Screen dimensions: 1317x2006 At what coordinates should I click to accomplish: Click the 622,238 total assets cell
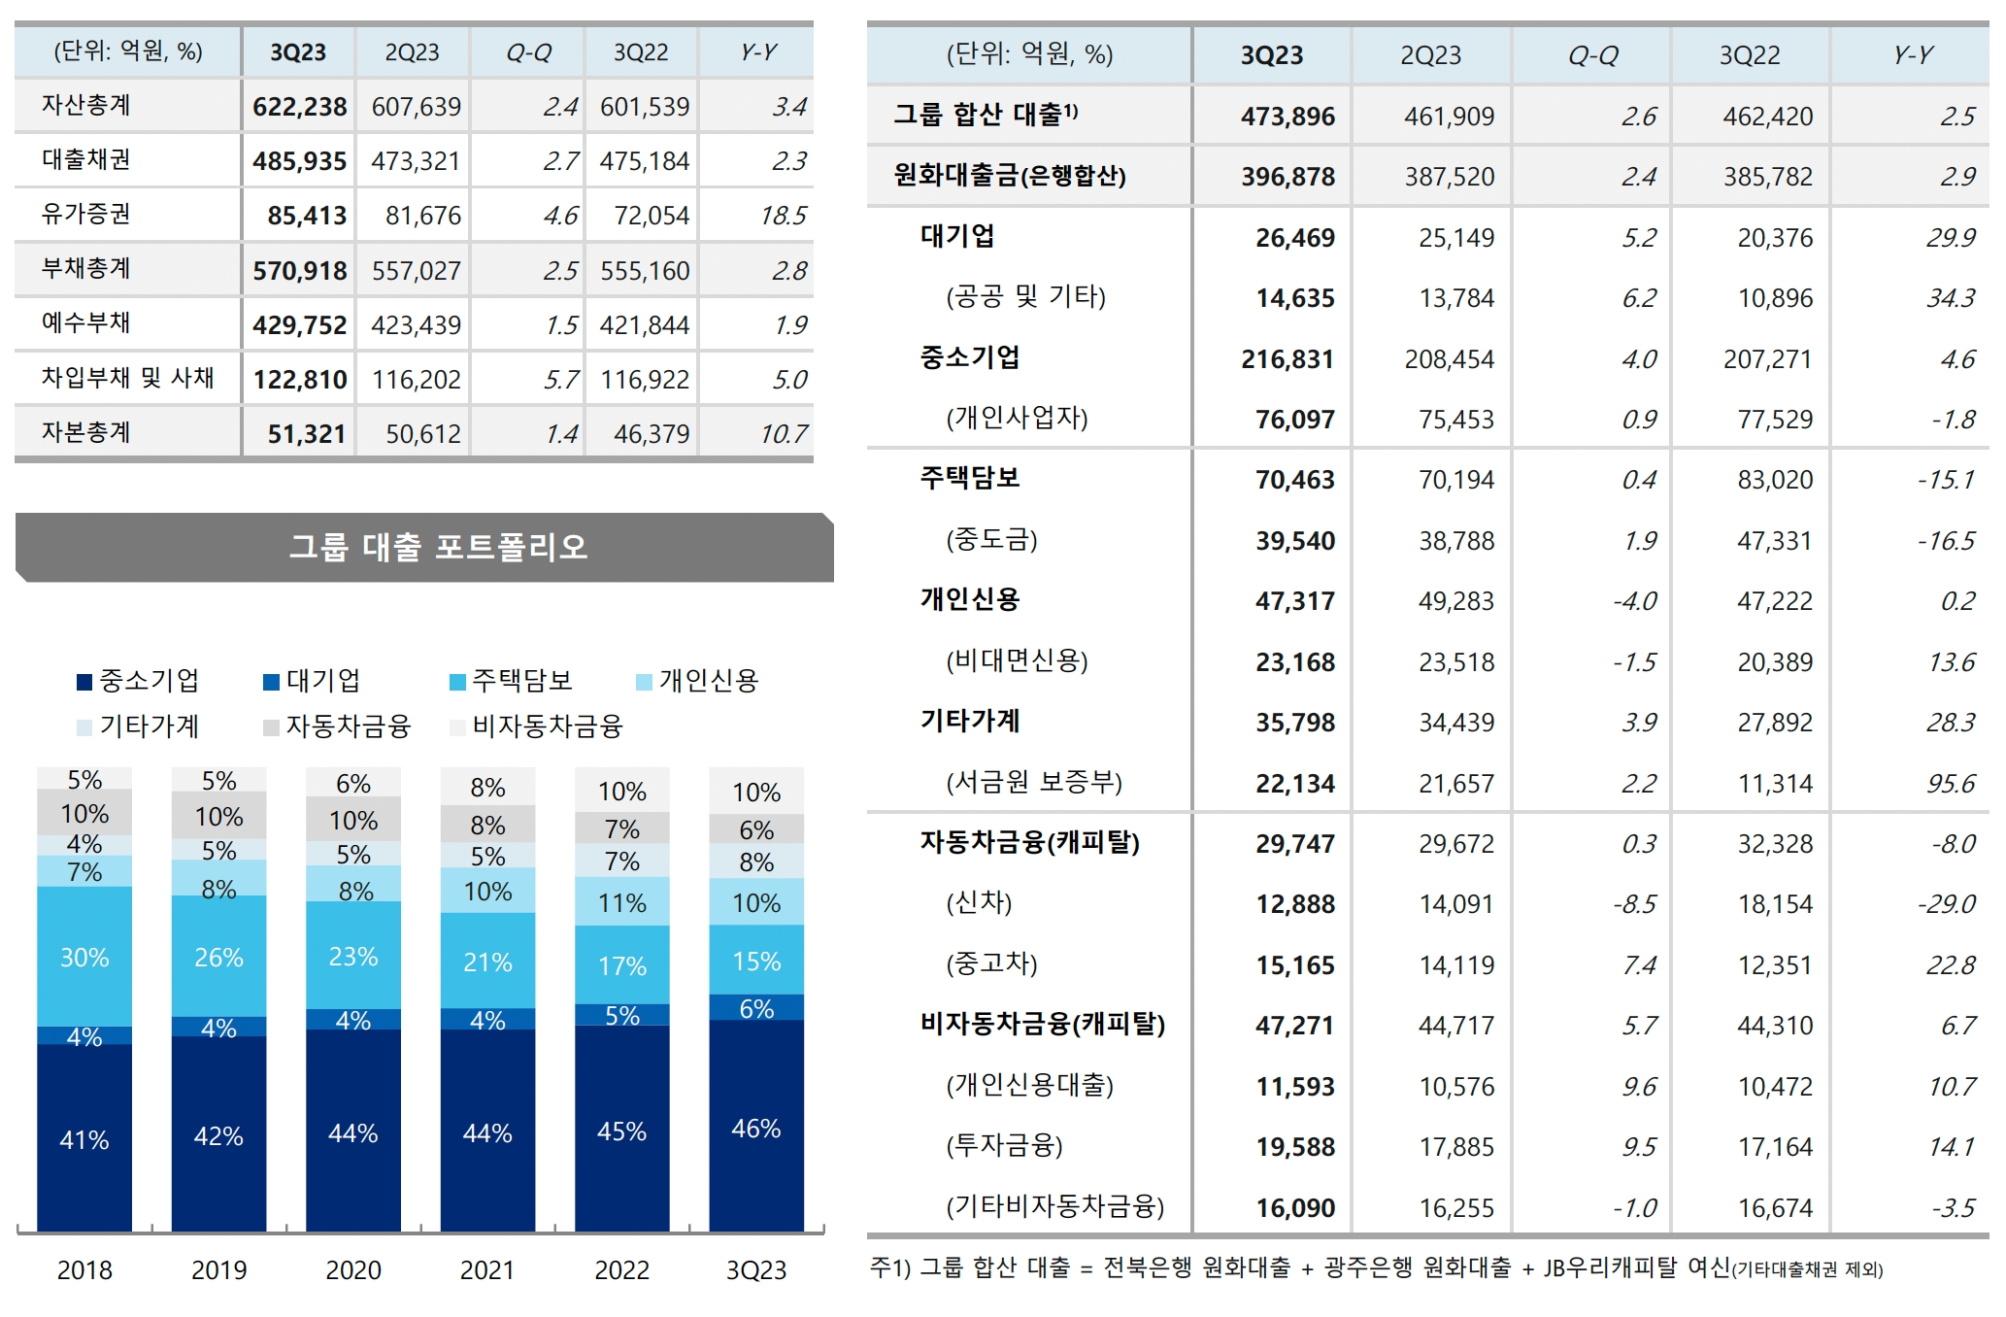[x=299, y=107]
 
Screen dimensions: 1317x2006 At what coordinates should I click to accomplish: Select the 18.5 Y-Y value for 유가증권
[x=783, y=216]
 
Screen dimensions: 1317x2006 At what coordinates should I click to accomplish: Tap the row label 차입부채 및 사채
[x=127, y=378]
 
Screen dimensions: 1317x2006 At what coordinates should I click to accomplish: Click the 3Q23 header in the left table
[x=298, y=52]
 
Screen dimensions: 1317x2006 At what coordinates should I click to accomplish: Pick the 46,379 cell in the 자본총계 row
[x=651, y=434]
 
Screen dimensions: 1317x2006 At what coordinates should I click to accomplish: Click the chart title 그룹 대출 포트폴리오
[x=438, y=547]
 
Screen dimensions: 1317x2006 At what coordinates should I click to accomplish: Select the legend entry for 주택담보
[x=512, y=681]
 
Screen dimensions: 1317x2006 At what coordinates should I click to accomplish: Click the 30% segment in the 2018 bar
[x=84, y=958]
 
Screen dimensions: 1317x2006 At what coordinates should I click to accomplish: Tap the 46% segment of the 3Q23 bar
[x=755, y=1129]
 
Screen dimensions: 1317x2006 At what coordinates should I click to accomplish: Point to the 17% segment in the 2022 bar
[x=621, y=966]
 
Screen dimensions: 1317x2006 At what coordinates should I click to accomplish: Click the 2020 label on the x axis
[x=352, y=1270]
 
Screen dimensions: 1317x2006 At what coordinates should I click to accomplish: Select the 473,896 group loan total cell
[x=1287, y=117]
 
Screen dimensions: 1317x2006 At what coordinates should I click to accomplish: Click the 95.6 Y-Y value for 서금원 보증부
[x=1950, y=784]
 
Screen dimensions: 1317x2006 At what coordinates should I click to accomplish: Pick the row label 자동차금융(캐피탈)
[x=1029, y=843]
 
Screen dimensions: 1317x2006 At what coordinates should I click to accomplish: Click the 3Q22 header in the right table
[x=1749, y=55]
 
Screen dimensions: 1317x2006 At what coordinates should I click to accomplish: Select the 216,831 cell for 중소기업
[x=1287, y=359]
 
